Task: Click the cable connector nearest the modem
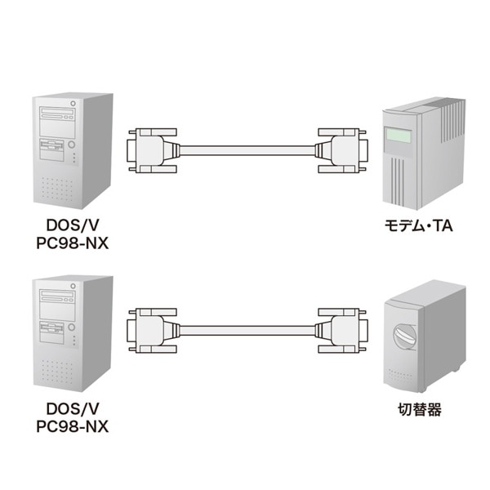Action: (341, 149)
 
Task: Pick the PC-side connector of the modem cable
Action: (153, 149)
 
